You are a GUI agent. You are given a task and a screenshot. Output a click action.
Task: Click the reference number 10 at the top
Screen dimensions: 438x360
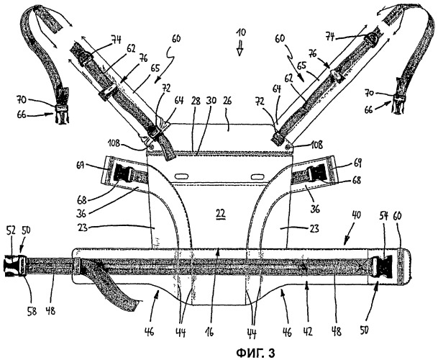240,32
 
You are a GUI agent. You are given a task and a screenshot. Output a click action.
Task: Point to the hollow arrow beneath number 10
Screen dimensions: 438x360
239,49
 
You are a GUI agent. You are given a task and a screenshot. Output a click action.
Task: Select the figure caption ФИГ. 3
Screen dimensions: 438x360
255,352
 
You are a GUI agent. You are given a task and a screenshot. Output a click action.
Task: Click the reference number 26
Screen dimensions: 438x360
228,101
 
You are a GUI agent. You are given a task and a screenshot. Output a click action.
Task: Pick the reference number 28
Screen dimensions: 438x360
196,101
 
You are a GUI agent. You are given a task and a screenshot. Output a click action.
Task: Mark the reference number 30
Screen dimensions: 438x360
211,100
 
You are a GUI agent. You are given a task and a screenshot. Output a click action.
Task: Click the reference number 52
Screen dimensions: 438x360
11,230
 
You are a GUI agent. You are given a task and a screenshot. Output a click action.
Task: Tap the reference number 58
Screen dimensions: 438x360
32,311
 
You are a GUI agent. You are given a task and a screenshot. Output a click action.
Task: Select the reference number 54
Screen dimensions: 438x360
384,216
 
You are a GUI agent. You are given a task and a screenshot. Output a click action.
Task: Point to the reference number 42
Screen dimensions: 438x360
308,331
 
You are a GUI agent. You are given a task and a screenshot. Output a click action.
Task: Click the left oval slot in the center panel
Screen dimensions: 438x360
182,176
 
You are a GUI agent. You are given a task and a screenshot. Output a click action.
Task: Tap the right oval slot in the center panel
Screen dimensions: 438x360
257,177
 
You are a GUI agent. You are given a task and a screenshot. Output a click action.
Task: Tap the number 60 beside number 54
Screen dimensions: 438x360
398,216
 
